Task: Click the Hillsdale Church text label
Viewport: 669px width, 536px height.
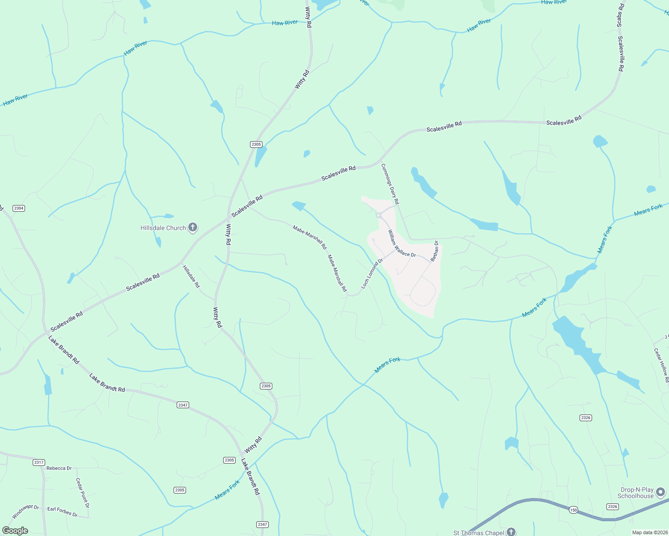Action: point(163,228)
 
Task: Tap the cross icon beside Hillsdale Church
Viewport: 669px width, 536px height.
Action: point(193,228)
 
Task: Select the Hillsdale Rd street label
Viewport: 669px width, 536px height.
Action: point(191,276)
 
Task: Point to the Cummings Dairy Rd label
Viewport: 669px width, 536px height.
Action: point(390,184)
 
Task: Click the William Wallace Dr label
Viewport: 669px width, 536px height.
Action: point(402,243)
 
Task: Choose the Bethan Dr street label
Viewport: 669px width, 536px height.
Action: point(435,251)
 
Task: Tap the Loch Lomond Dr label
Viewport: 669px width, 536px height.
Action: point(372,273)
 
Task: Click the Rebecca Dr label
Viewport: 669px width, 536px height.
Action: point(59,468)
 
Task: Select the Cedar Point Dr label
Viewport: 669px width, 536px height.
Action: point(83,493)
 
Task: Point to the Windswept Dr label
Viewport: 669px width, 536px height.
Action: point(25,512)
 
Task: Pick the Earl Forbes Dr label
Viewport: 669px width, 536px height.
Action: point(63,511)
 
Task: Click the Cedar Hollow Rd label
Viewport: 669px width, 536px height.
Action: point(661,365)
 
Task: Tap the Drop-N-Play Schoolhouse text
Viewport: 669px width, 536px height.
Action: point(635,493)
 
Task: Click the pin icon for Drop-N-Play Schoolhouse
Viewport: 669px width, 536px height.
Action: point(661,492)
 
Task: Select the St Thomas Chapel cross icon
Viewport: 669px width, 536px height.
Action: point(511,532)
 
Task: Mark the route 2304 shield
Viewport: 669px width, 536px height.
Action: point(19,208)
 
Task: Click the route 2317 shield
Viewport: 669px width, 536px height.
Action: point(39,462)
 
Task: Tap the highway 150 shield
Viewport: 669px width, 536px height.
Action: point(573,510)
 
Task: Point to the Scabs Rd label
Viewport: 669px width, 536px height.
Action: point(620,15)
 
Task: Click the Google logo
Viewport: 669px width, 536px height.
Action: point(15,531)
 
